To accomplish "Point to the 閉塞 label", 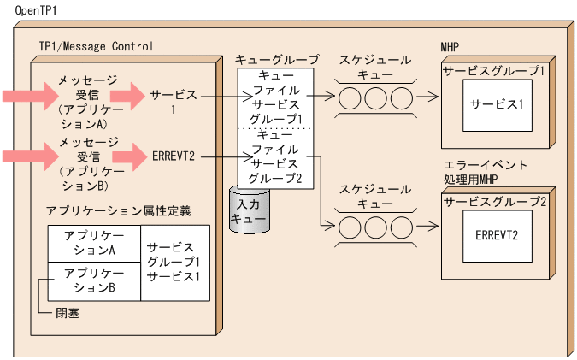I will click(x=68, y=314).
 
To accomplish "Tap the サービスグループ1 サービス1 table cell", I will click(x=173, y=263).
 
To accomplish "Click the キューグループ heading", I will click(x=277, y=60).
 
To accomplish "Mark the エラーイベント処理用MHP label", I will click(x=485, y=172).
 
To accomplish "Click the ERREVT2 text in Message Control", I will click(x=174, y=156).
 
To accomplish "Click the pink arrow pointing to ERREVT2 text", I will click(x=128, y=156).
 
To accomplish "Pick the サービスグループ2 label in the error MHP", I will click(x=494, y=202).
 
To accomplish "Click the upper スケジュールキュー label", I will click(x=375, y=68).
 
